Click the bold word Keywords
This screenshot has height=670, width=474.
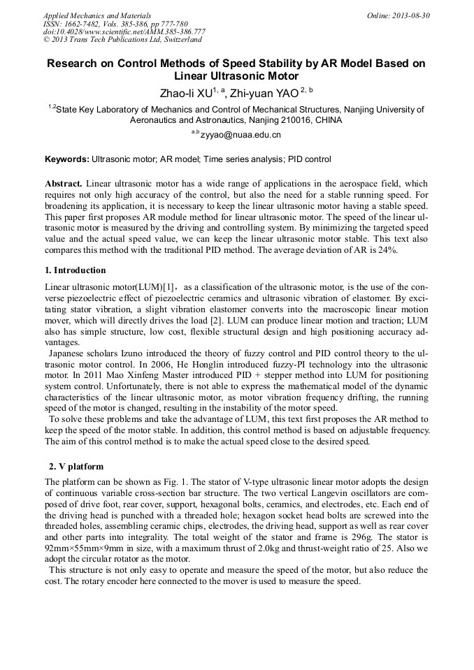(67, 159)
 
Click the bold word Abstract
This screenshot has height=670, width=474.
(64, 183)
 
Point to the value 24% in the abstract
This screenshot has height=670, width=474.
(389, 251)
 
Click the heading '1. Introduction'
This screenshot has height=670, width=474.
(76, 270)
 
